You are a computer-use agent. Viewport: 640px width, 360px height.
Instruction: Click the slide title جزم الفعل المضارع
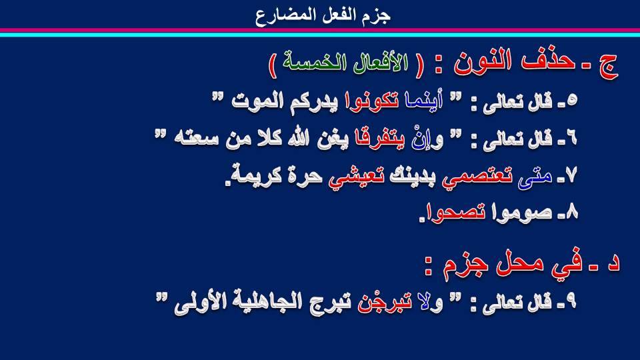point(323,15)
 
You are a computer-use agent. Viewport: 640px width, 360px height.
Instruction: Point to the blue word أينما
point(424,101)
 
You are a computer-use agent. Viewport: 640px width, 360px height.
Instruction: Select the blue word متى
point(535,177)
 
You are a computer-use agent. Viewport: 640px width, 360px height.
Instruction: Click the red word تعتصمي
point(477,178)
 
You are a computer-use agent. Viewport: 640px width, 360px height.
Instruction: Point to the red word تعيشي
point(356,178)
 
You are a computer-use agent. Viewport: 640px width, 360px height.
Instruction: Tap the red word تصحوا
point(454,213)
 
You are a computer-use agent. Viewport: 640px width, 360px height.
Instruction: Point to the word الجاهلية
point(275,303)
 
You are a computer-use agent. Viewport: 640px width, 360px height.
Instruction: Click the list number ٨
point(571,212)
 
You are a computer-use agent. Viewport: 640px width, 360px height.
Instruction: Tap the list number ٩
point(571,301)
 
